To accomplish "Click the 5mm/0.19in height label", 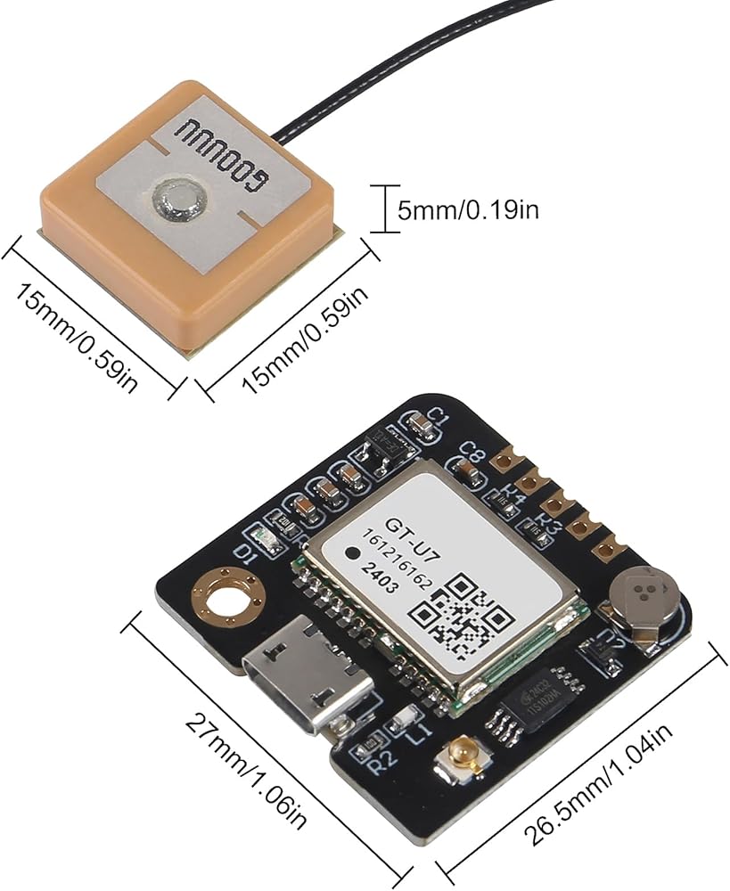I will [x=467, y=210].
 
